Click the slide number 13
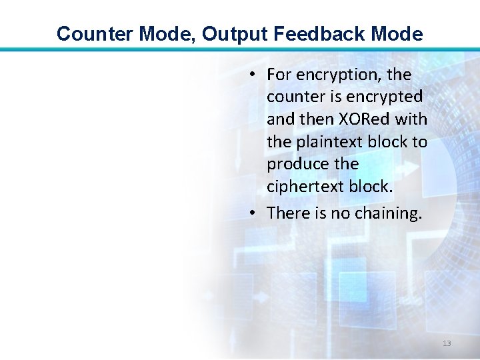point(447,343)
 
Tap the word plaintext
point(325,141)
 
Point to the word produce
point(295,164)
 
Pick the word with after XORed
point(411,119)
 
